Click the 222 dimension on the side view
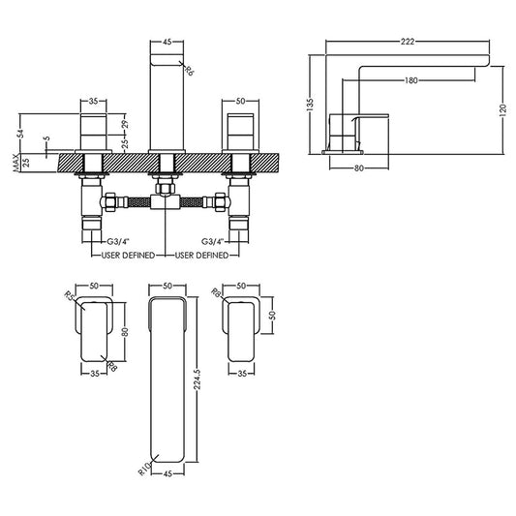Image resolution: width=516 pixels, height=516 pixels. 408,42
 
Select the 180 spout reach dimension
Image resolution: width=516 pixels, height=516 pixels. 411,80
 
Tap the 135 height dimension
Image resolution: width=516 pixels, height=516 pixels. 310,104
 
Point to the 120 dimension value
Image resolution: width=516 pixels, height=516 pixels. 502,110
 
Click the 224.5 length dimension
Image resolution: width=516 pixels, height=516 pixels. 197,379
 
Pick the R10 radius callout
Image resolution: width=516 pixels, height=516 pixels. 144,469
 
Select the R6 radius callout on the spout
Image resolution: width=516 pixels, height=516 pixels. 188,71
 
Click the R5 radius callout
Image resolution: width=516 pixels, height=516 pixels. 70,294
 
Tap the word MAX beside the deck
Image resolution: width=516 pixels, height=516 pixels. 15,163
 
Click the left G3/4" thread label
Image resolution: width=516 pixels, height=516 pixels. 118,242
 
